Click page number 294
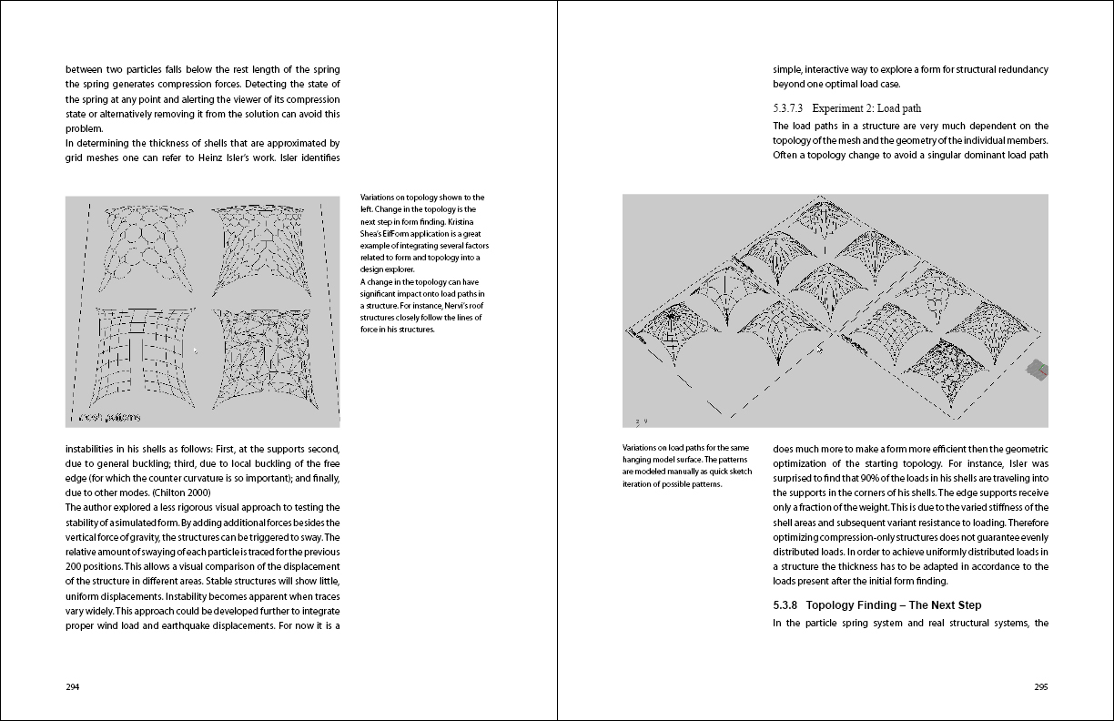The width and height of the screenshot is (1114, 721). point(73,687)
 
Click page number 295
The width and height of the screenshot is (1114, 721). point(1040,687)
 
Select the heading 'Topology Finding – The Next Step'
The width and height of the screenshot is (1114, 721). point(894,605)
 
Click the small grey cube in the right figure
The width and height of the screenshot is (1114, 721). point(1036,368)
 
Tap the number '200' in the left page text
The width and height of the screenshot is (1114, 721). point(76,566)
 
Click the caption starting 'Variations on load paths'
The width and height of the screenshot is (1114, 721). point(686,465)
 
